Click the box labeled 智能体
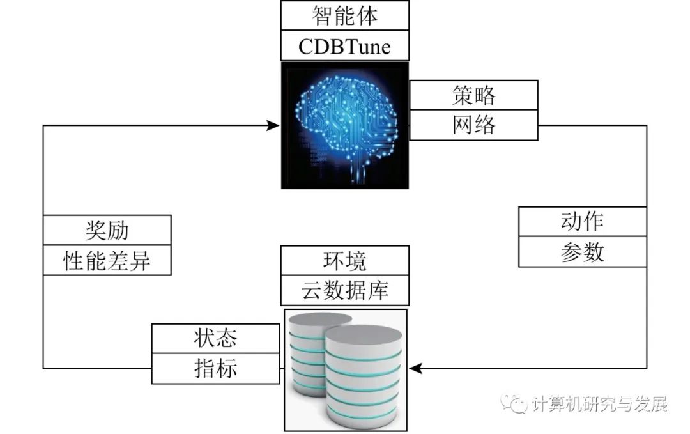pos(344,15)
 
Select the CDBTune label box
pos(344,46)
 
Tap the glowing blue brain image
pos(345,125)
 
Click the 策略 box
pos(473,95)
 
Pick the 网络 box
pos(473,125)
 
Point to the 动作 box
pos(582,221)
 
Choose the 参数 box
pos(582,252)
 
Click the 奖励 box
pos(107,230)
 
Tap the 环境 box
pos(344,261)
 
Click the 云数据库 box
pos(344,291)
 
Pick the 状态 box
pos(216,339)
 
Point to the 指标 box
pos(216,368)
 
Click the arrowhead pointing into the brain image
pos(273,126)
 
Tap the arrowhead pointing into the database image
pos(416,368)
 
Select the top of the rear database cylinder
pos(318,320)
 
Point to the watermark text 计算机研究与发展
pos(599,403)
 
